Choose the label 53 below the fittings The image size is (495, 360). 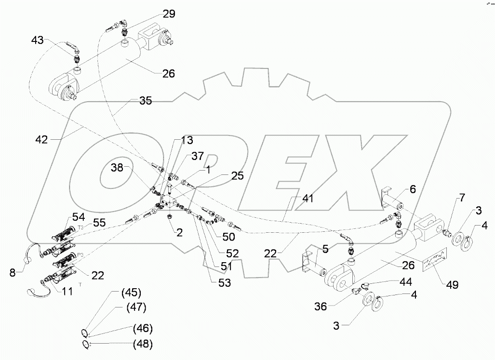(x=225, y=283)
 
